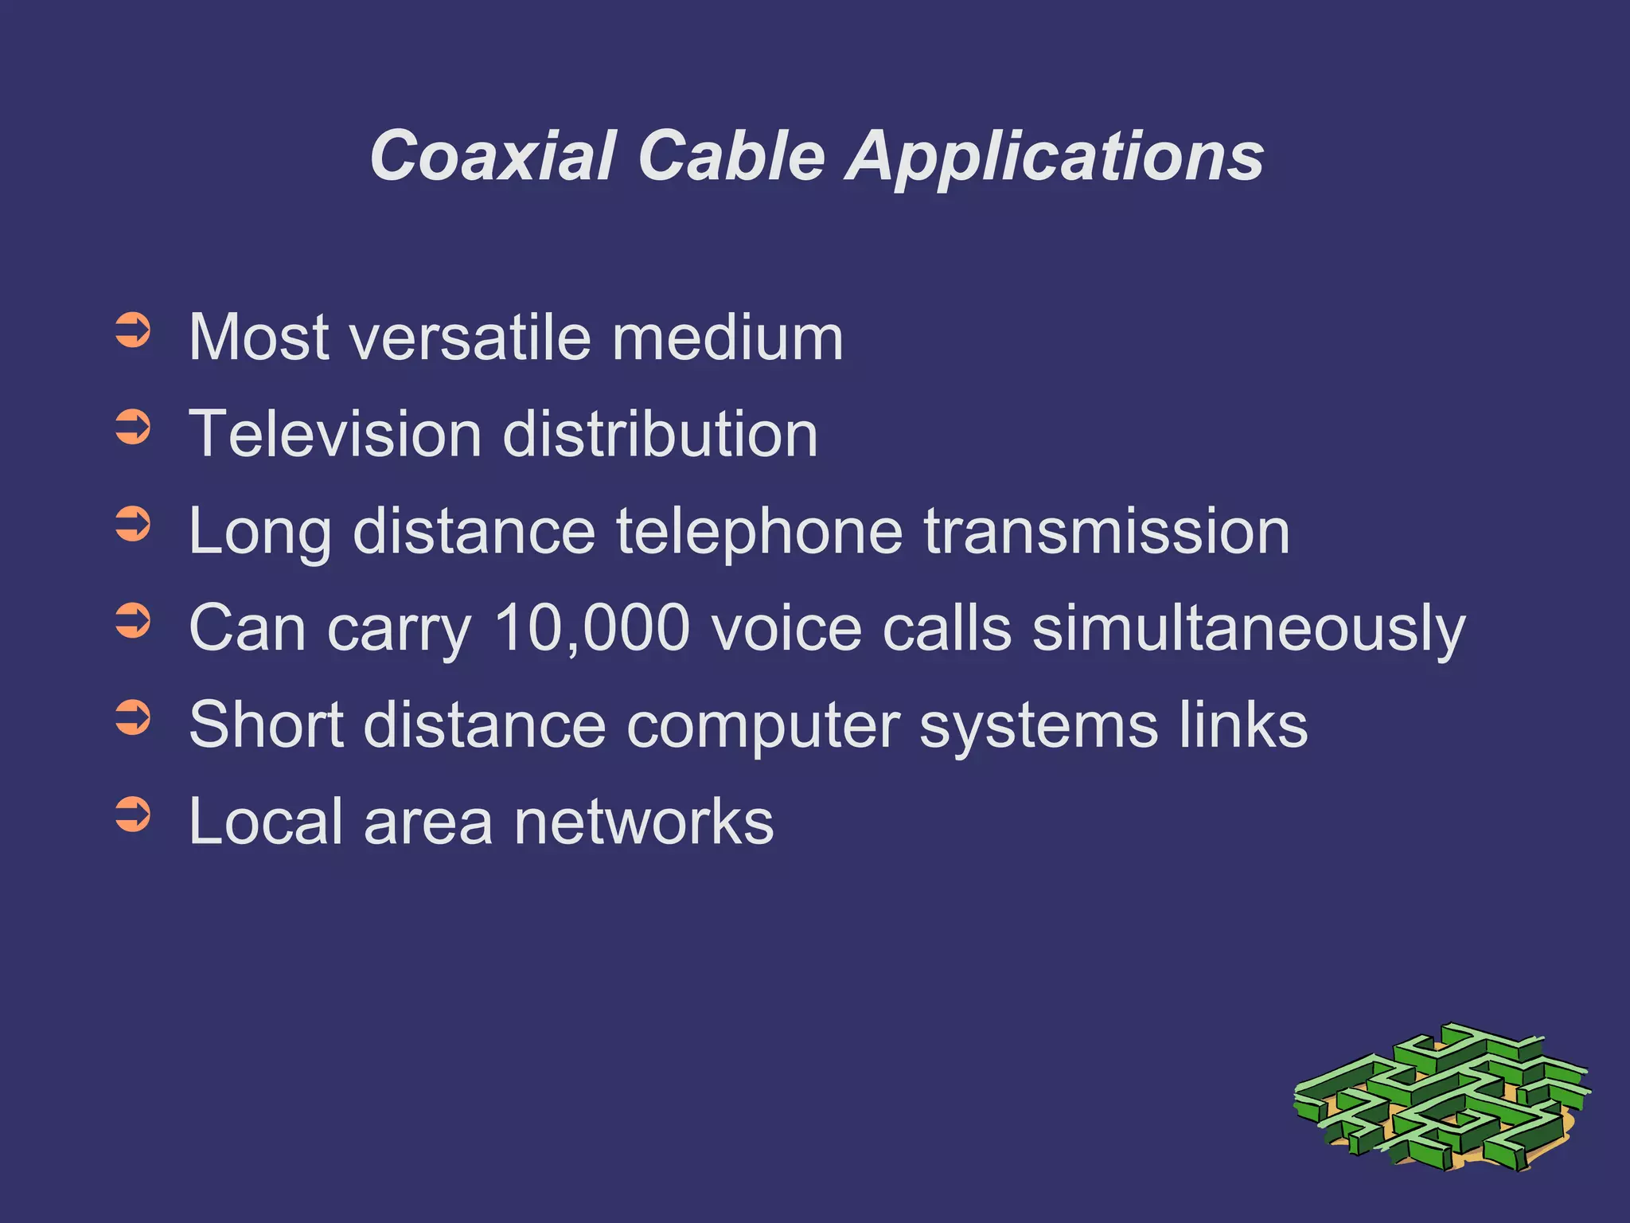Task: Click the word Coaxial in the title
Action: pyautogui.click(x=493, y=156)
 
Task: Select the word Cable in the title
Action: pyautogui.click(x=731, y=156)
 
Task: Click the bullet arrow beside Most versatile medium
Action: pyautogui.click(x=132, y=331)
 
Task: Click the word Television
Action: pyautogui.click(x=335, y=435)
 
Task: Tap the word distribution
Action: pyautogui.click(x=660, y=435)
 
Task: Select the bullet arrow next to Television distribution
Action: pyautogui.click(x=132, y=428)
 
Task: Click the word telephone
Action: pyautogui.click(x=759, y=532)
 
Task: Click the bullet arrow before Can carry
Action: pyautogui.click(x=132, y=621)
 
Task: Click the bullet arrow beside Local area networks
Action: pyautogui.click(x=132, y=815)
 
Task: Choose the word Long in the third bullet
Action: pyautogui.click(x=259, y=532)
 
